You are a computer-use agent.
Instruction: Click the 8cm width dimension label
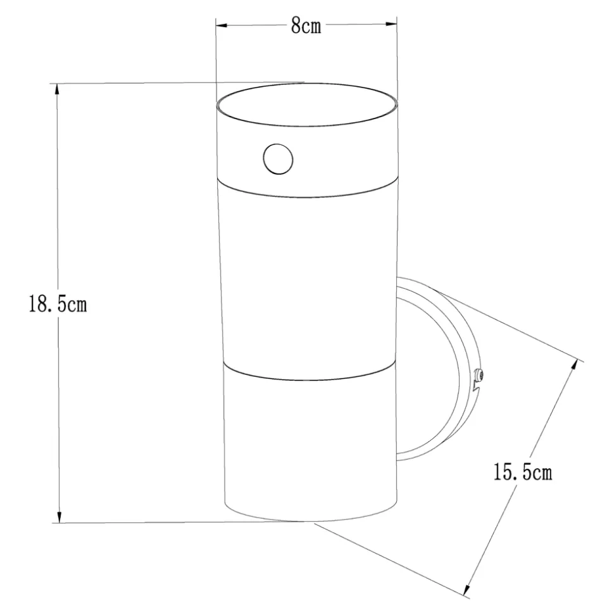[x=306, y=26]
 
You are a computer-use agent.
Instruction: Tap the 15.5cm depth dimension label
[x=523, y=472]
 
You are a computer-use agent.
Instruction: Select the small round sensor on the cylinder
[x=278, y=159]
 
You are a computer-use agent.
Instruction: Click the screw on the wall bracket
[x=479, y=376]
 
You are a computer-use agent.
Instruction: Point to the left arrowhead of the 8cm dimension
[x=222, y=25]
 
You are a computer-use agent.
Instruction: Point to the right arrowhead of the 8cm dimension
[x=391, y=24]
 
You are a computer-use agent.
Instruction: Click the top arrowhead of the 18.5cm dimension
[x=57, y=89]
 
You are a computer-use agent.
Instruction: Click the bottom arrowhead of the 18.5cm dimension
[x=60, y=517]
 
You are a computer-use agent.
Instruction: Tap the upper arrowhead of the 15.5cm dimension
[x=574, y=365]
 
